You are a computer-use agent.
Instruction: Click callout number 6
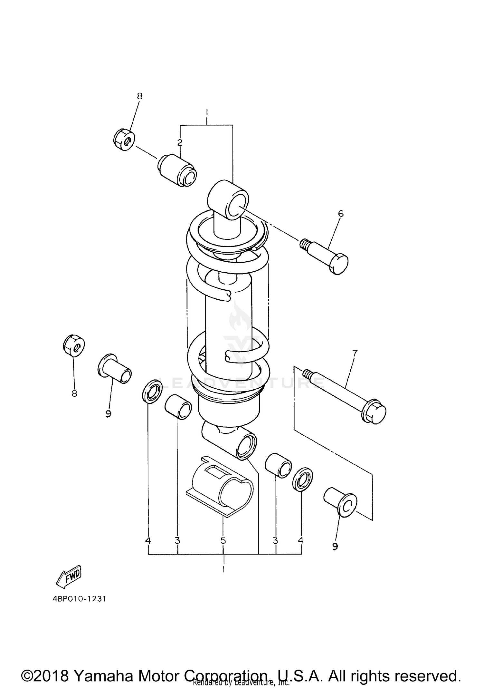point(341,214)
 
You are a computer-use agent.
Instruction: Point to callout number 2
point(180,142)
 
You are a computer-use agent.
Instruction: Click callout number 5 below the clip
point(223,540)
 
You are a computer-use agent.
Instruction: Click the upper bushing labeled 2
point(177,170)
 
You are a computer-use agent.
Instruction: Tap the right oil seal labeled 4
point(303,480)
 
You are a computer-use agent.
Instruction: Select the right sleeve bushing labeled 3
point(278,465)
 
